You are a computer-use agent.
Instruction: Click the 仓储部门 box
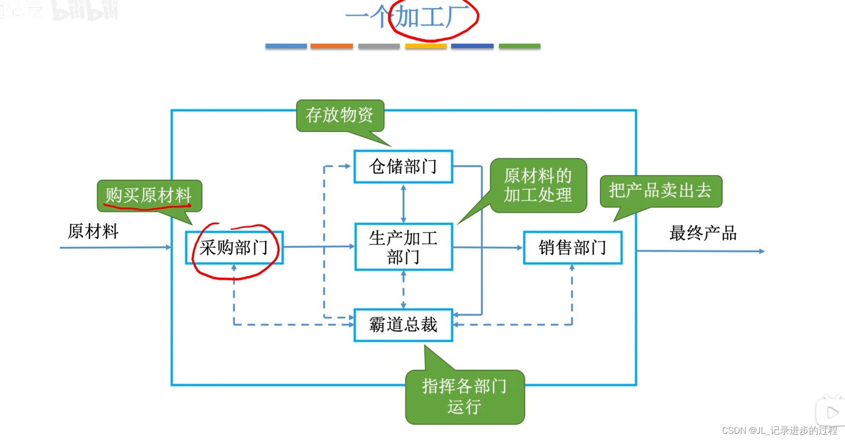[x=403, y=167]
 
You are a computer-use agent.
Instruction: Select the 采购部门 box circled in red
[x=234, y=248]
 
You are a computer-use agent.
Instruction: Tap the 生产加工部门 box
[x=403, y=247]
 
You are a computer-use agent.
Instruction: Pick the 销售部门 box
[x=573, y=248]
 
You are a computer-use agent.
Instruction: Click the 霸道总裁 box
[x=403, y=325]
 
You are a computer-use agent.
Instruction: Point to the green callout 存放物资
[x=340, y=116]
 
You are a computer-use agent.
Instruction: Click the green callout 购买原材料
[x=149, y=195]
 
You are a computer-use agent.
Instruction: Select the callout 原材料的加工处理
[x=538, y=186]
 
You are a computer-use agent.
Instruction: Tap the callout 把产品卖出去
[x=660, y=191]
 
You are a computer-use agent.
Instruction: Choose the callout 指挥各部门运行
[x=465, y=397]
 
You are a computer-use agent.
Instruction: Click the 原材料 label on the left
[x=93, y=231]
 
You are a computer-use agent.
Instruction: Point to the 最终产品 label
[x=703, y=233]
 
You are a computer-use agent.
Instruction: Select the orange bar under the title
[x=332, y=46]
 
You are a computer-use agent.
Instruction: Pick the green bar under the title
[x=519, y=46]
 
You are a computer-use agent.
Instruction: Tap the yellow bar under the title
[x=426, y=46]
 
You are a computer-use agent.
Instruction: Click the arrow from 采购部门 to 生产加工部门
[x=318, y=247]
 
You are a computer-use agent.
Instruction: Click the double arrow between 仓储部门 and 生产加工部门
[x=403, y=203]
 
